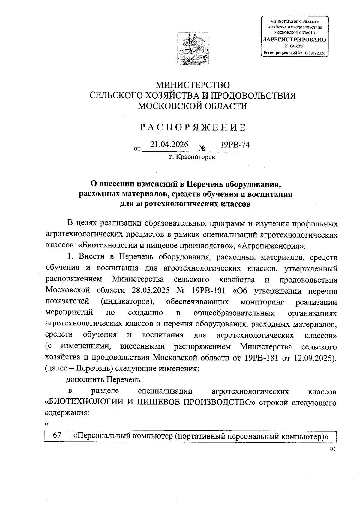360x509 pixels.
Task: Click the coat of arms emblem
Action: pyautogui.click(x=193, y=49)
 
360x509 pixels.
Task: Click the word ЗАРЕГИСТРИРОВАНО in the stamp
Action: pyautogui.click(x=294, y=40)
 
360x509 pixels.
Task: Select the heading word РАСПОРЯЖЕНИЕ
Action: pyautogui.click(x=193, y=128)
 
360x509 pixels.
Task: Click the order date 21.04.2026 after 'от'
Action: pyautogui.click(x=169, y=145)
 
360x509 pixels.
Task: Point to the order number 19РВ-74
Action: pyautogui.click(x=235, y=145)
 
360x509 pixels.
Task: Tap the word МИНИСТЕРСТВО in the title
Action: pyautogui.click(x=193, y=85)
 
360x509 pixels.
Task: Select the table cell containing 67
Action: pyautogui.click(x=57, y=436)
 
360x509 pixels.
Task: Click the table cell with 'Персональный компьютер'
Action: pyautogui.click(x=202, y=436)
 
